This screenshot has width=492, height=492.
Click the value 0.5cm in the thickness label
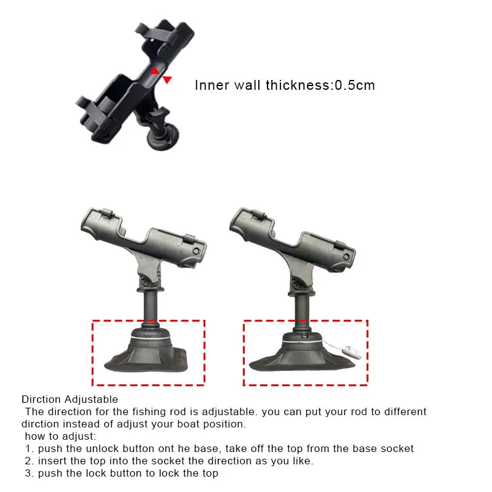click(355, 85)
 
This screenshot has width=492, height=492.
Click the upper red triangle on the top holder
click(155, 71)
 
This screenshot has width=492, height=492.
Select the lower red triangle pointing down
click(167, 80)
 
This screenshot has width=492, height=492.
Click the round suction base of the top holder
click(164, 137)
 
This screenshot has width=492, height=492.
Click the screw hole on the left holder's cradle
click(197, 250)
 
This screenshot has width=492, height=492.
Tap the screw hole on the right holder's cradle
click(346, 256)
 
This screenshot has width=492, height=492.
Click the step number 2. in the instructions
click(30, 461)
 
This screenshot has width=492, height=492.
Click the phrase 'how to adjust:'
click(60, 437)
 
